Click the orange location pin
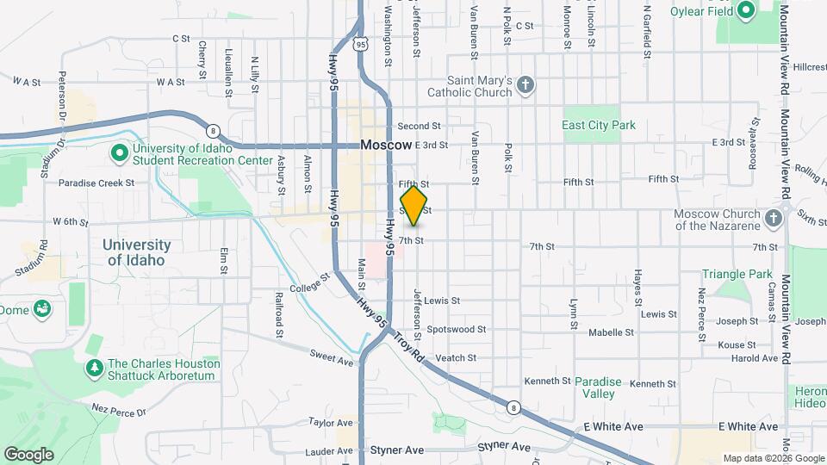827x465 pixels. [x=414, y=205]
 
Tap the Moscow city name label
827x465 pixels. [x=386, y=146]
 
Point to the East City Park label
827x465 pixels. [x=599, y=125]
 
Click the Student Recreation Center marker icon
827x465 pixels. [x=121, y=152]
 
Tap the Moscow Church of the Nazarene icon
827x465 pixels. [x=773, y=215]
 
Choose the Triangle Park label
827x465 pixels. [x=737, y=274]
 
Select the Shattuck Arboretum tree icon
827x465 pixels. [x=95, y=368]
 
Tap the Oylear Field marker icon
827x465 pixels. [x=746, y=10]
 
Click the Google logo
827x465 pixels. [x=28, y=454]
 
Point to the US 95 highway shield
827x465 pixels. [x=361, y=42]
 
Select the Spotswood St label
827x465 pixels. [x=457, y=329]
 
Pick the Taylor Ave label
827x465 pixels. [x=331, y=423]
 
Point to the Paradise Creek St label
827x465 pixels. [x=96, y=183]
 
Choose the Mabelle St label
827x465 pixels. [x=611, y=332]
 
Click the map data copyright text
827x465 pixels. [x=772, y=458]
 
